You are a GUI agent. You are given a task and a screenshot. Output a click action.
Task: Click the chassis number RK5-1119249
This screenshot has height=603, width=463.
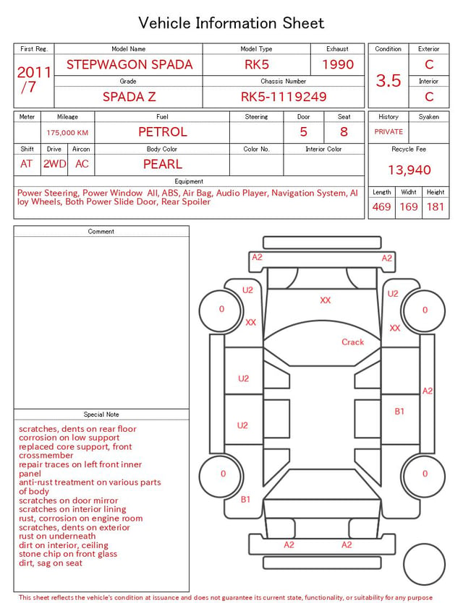pos(284,97)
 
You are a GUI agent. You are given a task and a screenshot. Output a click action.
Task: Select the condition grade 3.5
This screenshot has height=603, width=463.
pos(388,81)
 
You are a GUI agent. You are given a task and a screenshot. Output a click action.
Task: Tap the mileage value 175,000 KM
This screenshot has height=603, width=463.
pos(67,133)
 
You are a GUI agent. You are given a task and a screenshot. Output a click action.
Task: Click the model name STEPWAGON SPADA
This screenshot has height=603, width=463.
pos(129,64)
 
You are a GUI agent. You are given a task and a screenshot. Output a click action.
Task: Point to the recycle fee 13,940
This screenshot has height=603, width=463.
pos(409,170)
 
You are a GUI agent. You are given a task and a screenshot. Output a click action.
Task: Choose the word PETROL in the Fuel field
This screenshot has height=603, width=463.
pos(163,132)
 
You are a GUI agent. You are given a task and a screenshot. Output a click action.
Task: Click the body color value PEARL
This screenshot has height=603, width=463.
pos(163,164)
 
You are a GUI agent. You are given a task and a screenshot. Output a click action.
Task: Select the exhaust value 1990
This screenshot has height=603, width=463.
pos(338,64)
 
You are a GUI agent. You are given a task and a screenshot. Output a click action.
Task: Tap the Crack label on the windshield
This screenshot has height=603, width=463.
pos(352,342)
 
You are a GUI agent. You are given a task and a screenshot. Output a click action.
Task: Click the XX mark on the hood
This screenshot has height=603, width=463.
pos(325,300)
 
